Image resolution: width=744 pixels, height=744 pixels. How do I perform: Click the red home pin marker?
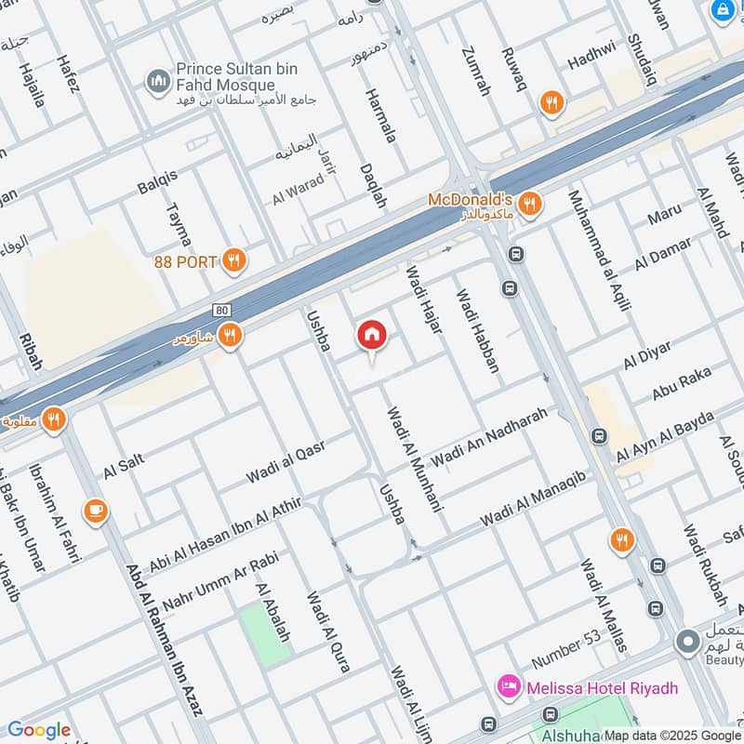click(372, 336)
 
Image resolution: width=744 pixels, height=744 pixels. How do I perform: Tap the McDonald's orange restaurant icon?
click(529, 204)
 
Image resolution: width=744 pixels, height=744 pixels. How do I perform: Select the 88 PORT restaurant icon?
click(235, 261)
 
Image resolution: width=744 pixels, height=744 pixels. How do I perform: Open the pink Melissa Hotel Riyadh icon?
click(508, 688)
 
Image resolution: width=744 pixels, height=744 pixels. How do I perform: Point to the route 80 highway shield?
click(220, 310)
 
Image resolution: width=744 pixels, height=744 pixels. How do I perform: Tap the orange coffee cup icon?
click(95, 510)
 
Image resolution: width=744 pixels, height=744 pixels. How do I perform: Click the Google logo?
click(38, 730)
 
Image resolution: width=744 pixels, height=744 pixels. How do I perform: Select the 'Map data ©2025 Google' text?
click(672, 735)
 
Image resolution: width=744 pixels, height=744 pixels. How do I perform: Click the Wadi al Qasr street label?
click(285, 462)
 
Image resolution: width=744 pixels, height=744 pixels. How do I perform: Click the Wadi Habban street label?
click(476, 331)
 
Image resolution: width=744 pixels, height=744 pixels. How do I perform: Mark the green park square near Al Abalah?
click(265, 634)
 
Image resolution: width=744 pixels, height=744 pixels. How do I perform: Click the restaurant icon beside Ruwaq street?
click(552, 104)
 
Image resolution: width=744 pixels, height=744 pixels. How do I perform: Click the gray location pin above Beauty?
click(687, 642)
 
